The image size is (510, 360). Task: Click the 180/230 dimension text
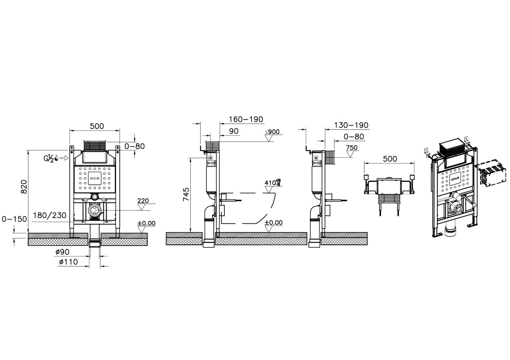pos(50,215)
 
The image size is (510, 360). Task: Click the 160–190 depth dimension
pos(246,119)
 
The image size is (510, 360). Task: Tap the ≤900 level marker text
pos(272,132)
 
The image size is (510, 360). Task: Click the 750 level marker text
pos(351,148)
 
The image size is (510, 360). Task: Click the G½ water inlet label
pos(51,158)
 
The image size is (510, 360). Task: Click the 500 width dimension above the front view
pos(96,126)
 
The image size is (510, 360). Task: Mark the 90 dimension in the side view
pos(234,131)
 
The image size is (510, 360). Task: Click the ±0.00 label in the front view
pos(146,223)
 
